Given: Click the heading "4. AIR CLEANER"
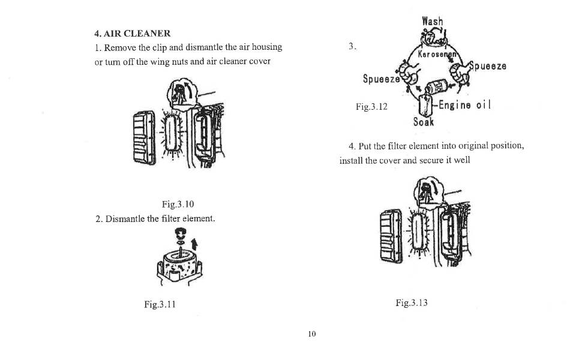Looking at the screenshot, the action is [x=133, y=34].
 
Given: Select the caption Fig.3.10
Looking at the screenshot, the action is [x=178, y=204].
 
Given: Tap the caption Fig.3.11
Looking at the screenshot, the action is [x=160, y=304].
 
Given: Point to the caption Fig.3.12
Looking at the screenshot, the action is [x=371, y=107].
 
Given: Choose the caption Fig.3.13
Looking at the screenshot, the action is [x=412, y=302].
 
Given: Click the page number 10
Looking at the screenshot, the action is [x=312, y=334].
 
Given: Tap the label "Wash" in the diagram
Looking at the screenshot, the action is [x=433, y=21].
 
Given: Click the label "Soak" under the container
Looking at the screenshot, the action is [x=424, y=121].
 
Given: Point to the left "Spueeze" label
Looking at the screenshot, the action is [x=382, y=79].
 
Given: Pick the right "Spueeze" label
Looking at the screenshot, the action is [x=488, y=66].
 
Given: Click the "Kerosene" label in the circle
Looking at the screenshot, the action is [x=437, y=55].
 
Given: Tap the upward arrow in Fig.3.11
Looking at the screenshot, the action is [x=195, y=244].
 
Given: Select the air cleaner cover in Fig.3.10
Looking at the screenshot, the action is [x=145, y=138].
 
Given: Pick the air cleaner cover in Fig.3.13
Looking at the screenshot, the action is [x=391, y=237].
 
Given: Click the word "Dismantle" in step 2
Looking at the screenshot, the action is [x=125, y=218].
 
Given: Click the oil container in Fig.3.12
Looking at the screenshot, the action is [x=425, y=105].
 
